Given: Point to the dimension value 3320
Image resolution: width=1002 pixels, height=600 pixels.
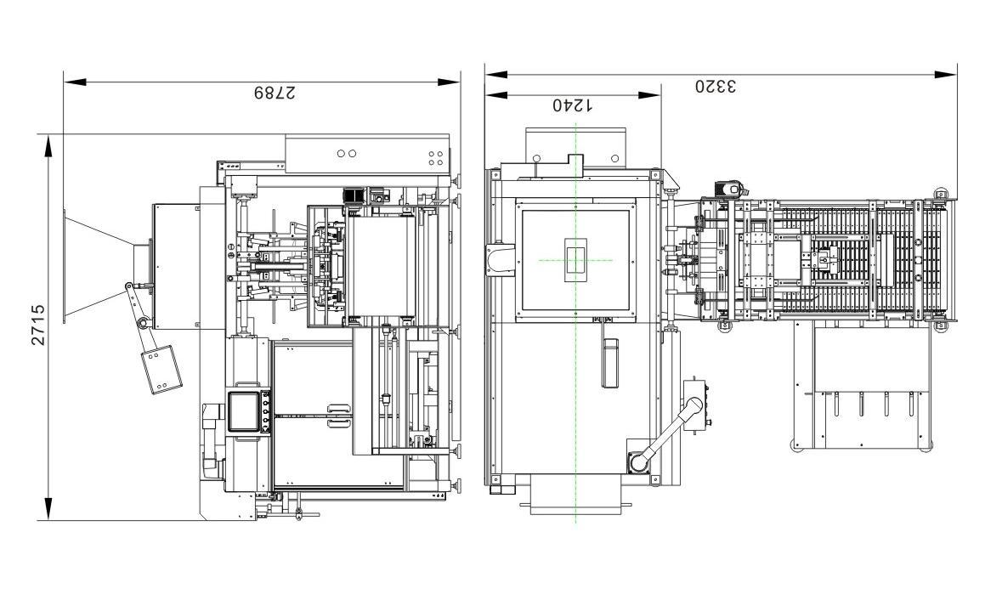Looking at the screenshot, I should click(x=716, y=86).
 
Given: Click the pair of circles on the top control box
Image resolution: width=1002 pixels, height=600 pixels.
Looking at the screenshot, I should click(x=347, y=154).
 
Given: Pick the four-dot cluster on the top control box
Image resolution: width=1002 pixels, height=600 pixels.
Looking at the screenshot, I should click(x=435, y=158).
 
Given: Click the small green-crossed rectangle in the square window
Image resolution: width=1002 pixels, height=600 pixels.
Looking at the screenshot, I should click(x=575, y=260).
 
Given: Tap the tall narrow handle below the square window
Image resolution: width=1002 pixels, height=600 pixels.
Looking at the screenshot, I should click(x=609, y=363).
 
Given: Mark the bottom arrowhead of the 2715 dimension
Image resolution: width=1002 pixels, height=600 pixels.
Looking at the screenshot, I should click(x=49, y=509).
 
